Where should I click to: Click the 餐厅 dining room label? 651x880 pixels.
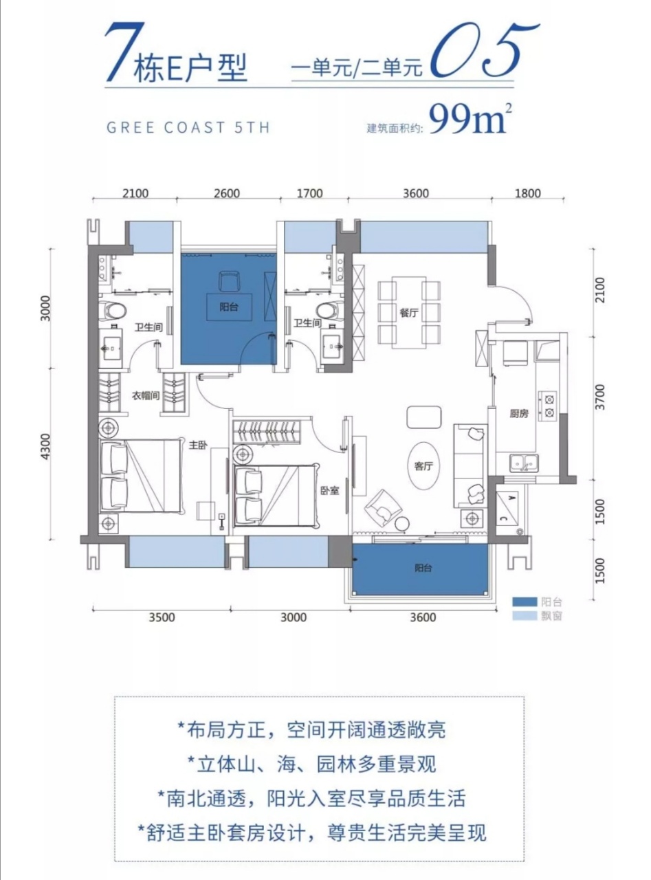coord(408,313)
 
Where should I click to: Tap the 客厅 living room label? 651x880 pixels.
coord(423,467)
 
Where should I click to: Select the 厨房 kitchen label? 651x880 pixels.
coord(518,414)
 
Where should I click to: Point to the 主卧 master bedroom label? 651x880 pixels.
coord(197,445)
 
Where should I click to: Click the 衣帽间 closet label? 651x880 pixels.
coord(146,395)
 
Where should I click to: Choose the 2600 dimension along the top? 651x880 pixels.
coord(227,194)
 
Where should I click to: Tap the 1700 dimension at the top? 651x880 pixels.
coord(309,194)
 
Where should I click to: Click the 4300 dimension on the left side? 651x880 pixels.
coord(46,447)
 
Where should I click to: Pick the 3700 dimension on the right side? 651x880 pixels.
coord(600,397)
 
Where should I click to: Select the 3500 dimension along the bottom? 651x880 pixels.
coord(162,617)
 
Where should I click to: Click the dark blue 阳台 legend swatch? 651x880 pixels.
coord(525,602)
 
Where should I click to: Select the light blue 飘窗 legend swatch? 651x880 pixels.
coord(525,616)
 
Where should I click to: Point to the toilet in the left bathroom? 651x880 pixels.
coord(111,310)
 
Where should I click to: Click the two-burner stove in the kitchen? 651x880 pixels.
coord(547,406)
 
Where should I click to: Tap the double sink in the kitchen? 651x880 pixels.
coord(524,463)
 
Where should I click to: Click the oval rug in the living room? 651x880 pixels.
coord(423,467)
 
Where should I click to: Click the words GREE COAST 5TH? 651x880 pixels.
coord(188,127)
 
